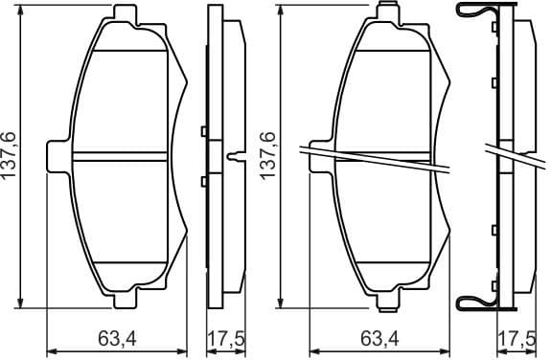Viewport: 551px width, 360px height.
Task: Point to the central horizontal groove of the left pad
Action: [122, 157]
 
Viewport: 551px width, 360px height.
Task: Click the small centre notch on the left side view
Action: [233, 157]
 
